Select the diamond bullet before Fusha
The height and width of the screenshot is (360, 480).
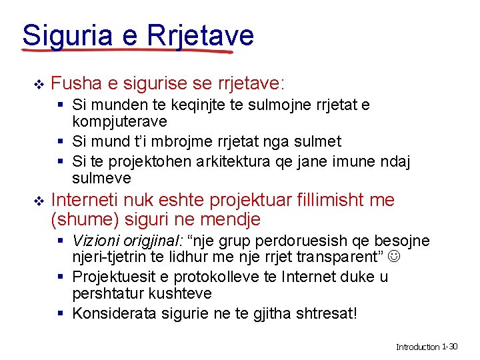click(38, 85)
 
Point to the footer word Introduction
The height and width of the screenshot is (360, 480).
click(418, 347)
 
